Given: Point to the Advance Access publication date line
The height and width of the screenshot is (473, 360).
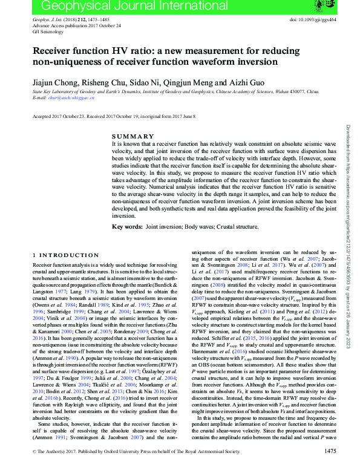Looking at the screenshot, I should click(76, 25).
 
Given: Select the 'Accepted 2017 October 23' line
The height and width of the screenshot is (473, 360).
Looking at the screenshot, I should click(54, 116).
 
